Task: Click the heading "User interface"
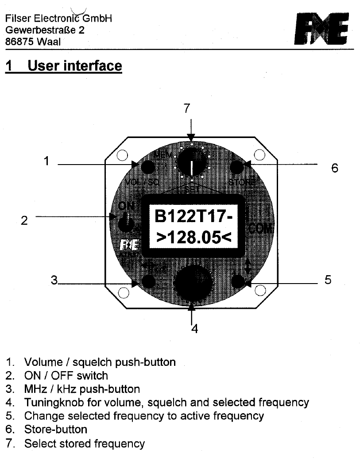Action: [74, 66]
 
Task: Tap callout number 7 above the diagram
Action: [187, 108]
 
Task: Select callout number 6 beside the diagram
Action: [335, 168]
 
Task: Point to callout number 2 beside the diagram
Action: [24, 220]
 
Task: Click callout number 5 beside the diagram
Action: [328, 280]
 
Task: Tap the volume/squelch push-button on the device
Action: [147, 167]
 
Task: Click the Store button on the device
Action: [237, 167]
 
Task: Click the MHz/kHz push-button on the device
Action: [147, 281]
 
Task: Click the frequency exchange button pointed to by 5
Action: [239, 281]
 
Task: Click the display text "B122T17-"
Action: [194, 217]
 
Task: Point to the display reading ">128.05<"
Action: [194, 238]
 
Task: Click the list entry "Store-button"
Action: [55, 429]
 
